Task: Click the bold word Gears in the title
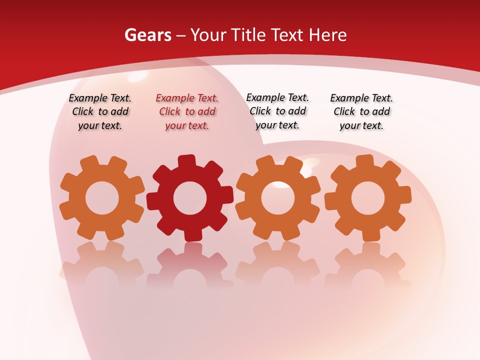(x=147, y=35)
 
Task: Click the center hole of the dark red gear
(x=190, y=198)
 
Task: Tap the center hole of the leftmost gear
(x=102, y=198)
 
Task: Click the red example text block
(x=187, y=112)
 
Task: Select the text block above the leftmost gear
(x=100, y=112)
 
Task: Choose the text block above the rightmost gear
(x=361, y=112)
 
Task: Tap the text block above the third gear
(x=277, y=111)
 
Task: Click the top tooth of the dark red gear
(x=186, y=161)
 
